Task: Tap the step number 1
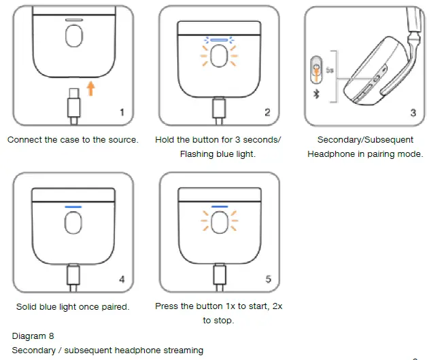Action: tap(122, 112)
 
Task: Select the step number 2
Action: tap(267, 112)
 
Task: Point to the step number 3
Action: tap(413, 112)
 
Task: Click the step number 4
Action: tap(122, 279)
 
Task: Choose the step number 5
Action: tap(267, 279)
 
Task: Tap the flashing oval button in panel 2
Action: tap(219, 58)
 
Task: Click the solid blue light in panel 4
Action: tap(73, 206)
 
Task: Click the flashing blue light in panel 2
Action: tap(219, 40)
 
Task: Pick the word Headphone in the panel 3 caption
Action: tap(332, 154)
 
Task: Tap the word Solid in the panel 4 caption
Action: tap(28, 306)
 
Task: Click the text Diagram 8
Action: tap(33, 336)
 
